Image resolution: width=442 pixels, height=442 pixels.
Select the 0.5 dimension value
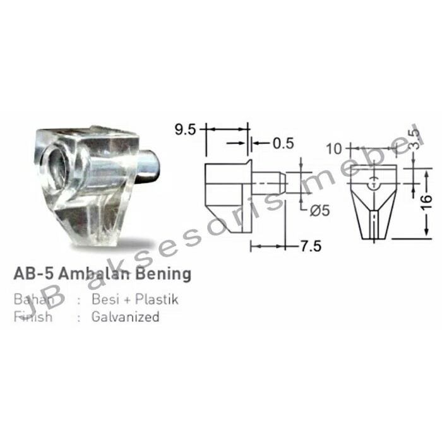(284, 143)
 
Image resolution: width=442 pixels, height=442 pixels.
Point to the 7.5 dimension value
(309, 246)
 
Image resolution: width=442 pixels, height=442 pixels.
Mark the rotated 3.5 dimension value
(414, 140)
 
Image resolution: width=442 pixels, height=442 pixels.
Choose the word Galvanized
(125, 317)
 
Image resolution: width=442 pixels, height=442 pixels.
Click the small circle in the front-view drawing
(375, 184)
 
